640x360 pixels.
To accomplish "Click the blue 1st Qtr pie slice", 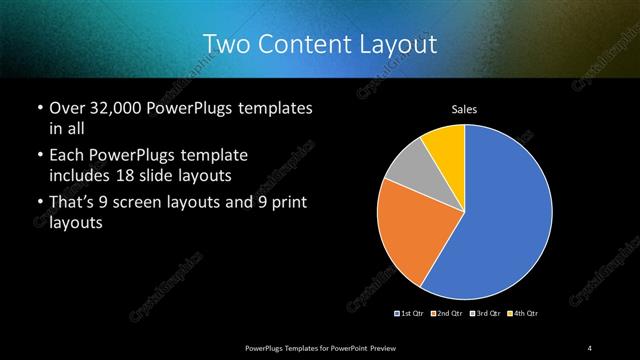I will coord(505,215).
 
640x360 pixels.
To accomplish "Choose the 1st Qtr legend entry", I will coord(410,314).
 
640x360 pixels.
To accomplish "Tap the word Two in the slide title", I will coord(224,44).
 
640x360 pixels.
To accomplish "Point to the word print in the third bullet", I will coord(285,203).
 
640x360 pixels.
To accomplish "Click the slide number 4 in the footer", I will coord(590,347).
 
